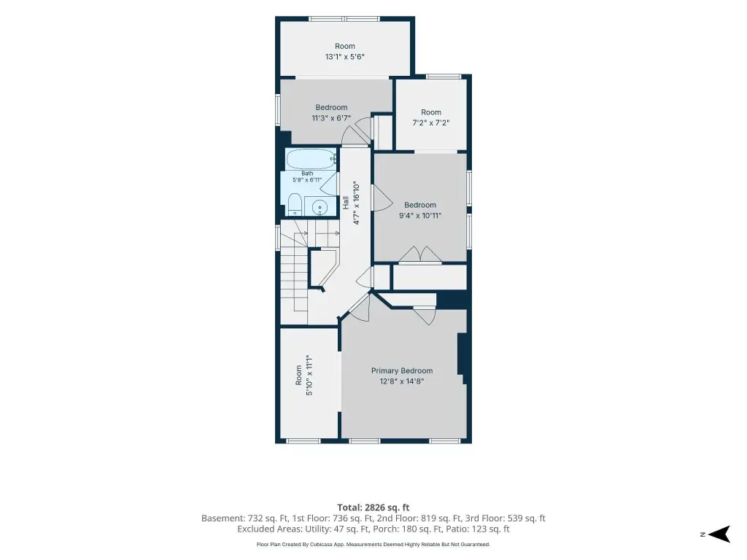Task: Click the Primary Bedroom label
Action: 402,371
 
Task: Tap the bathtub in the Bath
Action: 311,159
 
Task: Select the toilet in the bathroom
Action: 294,205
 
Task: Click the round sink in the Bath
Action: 319,207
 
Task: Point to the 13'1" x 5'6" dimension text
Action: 345,57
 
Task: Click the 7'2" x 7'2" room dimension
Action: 430,122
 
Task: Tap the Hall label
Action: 346,203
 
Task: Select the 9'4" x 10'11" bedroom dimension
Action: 420,215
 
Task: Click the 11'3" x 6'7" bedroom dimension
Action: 331,118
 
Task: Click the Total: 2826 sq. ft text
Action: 373,507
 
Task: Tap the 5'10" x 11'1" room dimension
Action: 309,376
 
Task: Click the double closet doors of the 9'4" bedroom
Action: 420,254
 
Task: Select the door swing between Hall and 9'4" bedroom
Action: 382,198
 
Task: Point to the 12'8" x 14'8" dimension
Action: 402,381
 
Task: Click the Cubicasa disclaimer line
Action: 373,544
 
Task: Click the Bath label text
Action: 307,174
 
